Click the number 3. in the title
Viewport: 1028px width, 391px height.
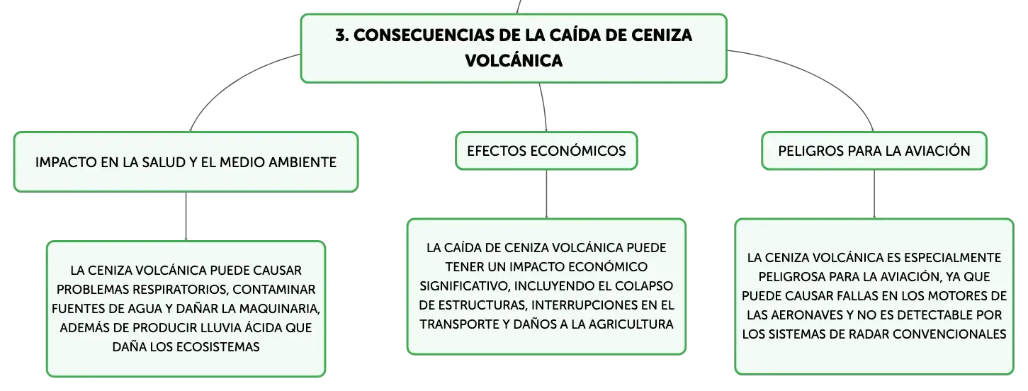(342, 35)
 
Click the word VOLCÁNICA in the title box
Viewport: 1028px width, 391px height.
(514, 60)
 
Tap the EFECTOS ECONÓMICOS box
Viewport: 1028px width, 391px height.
(546, 151)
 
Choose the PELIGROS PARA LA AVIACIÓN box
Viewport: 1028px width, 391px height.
(874, 151)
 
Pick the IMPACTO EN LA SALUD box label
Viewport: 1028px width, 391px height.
(186, 162)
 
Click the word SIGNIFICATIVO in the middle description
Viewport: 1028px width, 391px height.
(465, 286)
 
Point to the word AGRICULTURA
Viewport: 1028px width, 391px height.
(631, 324)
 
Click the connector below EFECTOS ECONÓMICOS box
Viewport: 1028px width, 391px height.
(546, 194)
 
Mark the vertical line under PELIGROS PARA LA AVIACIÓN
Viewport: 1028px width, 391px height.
(874, 194)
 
